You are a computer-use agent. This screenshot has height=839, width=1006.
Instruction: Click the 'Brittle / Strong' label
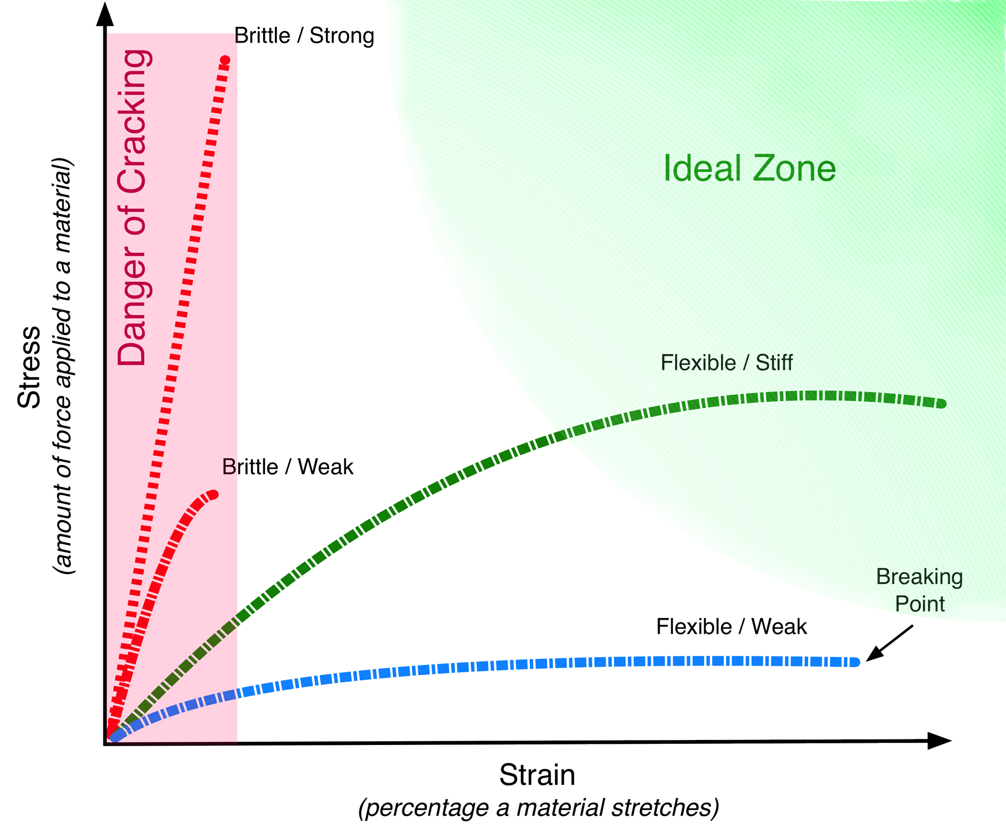coord(304,36)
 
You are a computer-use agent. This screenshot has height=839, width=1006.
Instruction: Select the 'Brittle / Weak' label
coord(287,467)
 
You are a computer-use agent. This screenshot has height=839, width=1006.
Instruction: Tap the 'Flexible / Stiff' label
coord(726,363)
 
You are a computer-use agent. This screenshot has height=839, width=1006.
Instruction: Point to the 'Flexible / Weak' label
coord(731,627)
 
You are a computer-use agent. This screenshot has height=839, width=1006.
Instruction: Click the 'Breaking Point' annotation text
coord(919,590)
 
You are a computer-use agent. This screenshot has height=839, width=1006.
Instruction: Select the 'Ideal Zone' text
coord(749,168)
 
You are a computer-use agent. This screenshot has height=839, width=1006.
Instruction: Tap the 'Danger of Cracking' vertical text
coord(133,207)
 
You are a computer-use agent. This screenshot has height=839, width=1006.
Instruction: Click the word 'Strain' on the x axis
coord(537,775)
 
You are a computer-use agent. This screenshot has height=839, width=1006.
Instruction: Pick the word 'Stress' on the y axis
coord(29,366)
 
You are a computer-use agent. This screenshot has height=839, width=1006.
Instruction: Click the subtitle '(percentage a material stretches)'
coord(538,808)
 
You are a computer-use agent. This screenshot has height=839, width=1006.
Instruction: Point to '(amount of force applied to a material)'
coord(63,366)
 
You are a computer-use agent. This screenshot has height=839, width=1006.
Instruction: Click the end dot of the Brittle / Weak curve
coord(213,494)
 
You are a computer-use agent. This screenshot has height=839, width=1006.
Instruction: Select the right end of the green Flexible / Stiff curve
coord(942,404)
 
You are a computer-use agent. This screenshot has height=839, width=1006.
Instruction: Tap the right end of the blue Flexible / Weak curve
coord(855,662)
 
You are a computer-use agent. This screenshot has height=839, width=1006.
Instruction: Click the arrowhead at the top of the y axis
coord(105,14)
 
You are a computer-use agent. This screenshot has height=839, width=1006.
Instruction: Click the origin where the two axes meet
coord(106,744)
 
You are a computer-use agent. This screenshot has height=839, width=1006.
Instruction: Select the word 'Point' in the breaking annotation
coord(919,604)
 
